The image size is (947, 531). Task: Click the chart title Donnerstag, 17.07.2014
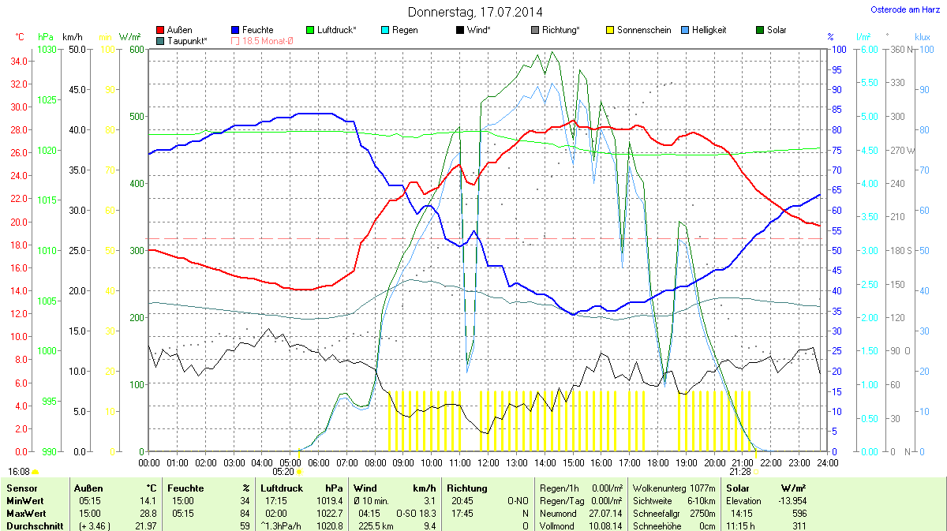475,12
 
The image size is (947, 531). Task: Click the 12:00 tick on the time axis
488,462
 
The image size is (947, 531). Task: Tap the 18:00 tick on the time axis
657,462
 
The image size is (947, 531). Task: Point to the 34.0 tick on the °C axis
19,62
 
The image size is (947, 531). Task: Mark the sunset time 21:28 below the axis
739,471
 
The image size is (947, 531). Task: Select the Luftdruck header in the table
282,488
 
